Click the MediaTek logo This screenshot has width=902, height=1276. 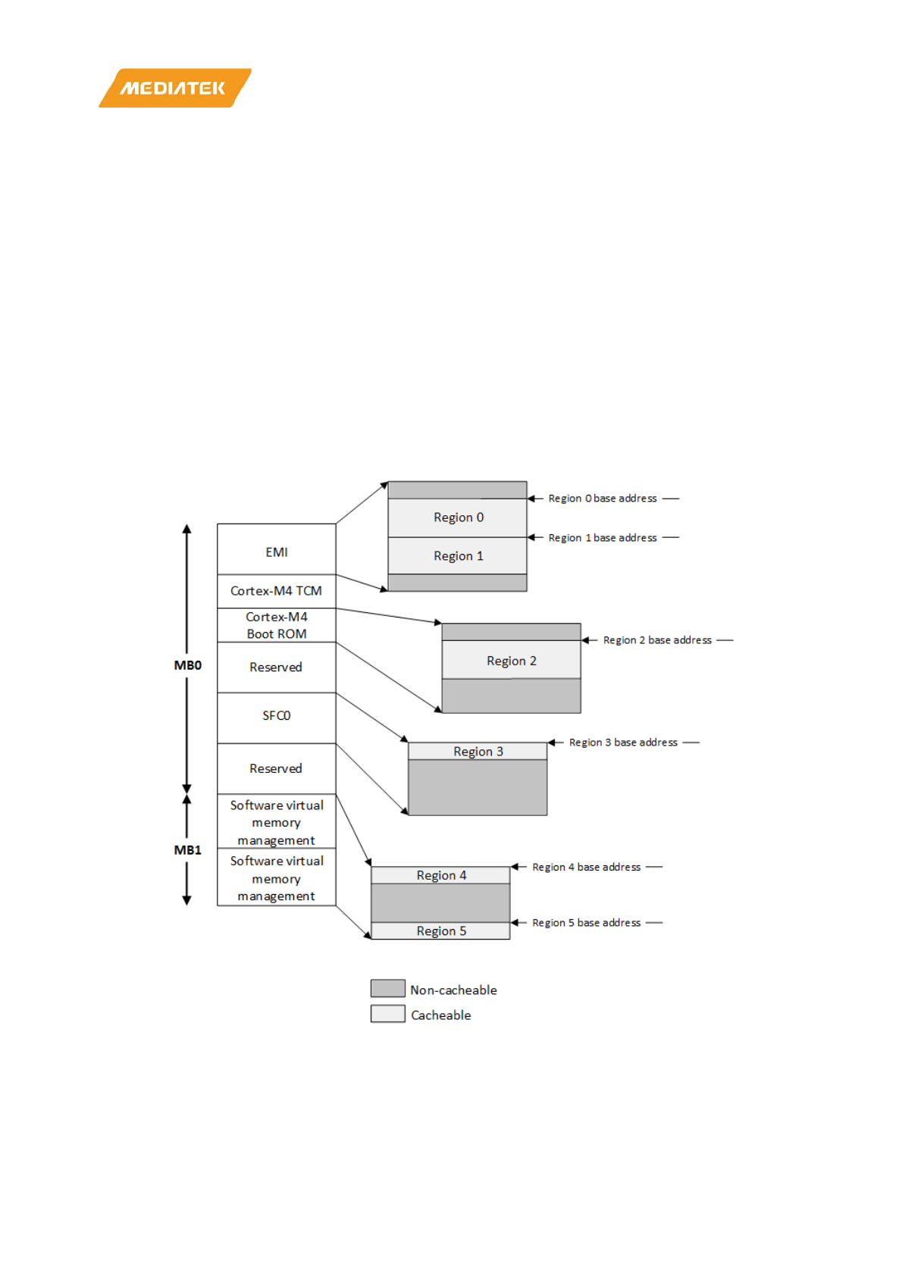(174, 88)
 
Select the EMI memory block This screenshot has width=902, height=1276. (276, 551)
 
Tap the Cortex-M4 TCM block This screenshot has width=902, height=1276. (276, 591)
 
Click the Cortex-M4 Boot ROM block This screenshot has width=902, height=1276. (276, 625)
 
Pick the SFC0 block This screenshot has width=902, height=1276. (276, 716)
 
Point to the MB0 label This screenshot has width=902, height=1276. (187, 665)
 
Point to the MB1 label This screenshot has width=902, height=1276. (187, 850)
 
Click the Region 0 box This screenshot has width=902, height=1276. (458, 518)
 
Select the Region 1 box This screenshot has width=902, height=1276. (458, 556)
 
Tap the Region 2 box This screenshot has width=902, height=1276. (511, 661)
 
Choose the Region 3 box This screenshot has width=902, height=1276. (478, 752)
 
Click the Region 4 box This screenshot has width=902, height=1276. (441, 875)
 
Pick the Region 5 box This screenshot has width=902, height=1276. (441, 931)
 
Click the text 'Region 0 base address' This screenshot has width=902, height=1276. (603, 499)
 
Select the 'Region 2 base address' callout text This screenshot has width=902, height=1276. (657, 640)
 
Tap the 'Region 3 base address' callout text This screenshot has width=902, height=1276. (623, 743)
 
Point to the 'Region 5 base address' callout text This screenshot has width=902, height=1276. (586, 923)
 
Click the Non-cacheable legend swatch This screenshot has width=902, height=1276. (387, 988)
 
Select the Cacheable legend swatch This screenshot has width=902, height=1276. (387, 1014)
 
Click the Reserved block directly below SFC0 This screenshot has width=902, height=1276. (276, 768)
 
